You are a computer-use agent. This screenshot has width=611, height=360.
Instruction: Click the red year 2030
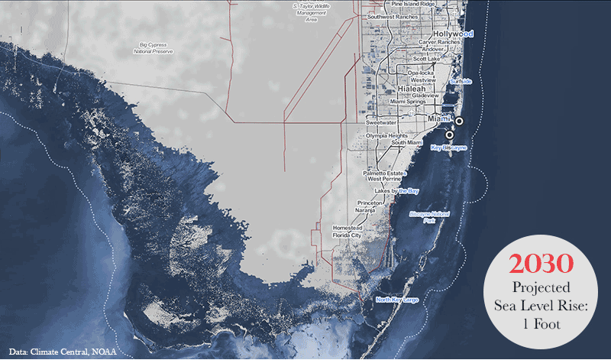pyautogui.click(x=541, y=264)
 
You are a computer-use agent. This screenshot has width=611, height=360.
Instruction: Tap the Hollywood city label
pyautogui.click(x=452, y=34)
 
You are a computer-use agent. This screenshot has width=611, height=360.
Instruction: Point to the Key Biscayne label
pyautogui.click(x=449, y=146)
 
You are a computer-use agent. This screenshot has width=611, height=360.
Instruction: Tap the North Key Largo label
pyautogui.click(x=397, y=299)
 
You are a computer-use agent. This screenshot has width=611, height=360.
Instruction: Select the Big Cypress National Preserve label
pyautogui.click(x=149, y=48)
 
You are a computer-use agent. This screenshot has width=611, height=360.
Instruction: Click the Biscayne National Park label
pyautogui.click(x=429, y=217)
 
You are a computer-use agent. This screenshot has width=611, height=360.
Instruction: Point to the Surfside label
pyautogui.click(x=461, y=81)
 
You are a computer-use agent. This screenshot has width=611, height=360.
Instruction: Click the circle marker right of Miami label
pyautogui.click(x=460, y=121)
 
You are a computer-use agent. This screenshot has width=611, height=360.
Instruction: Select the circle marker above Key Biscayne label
pyautogui.click(x=449, y=135)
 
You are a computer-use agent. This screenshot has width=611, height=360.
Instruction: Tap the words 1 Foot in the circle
pyautogui.click(x=541, y=323)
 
